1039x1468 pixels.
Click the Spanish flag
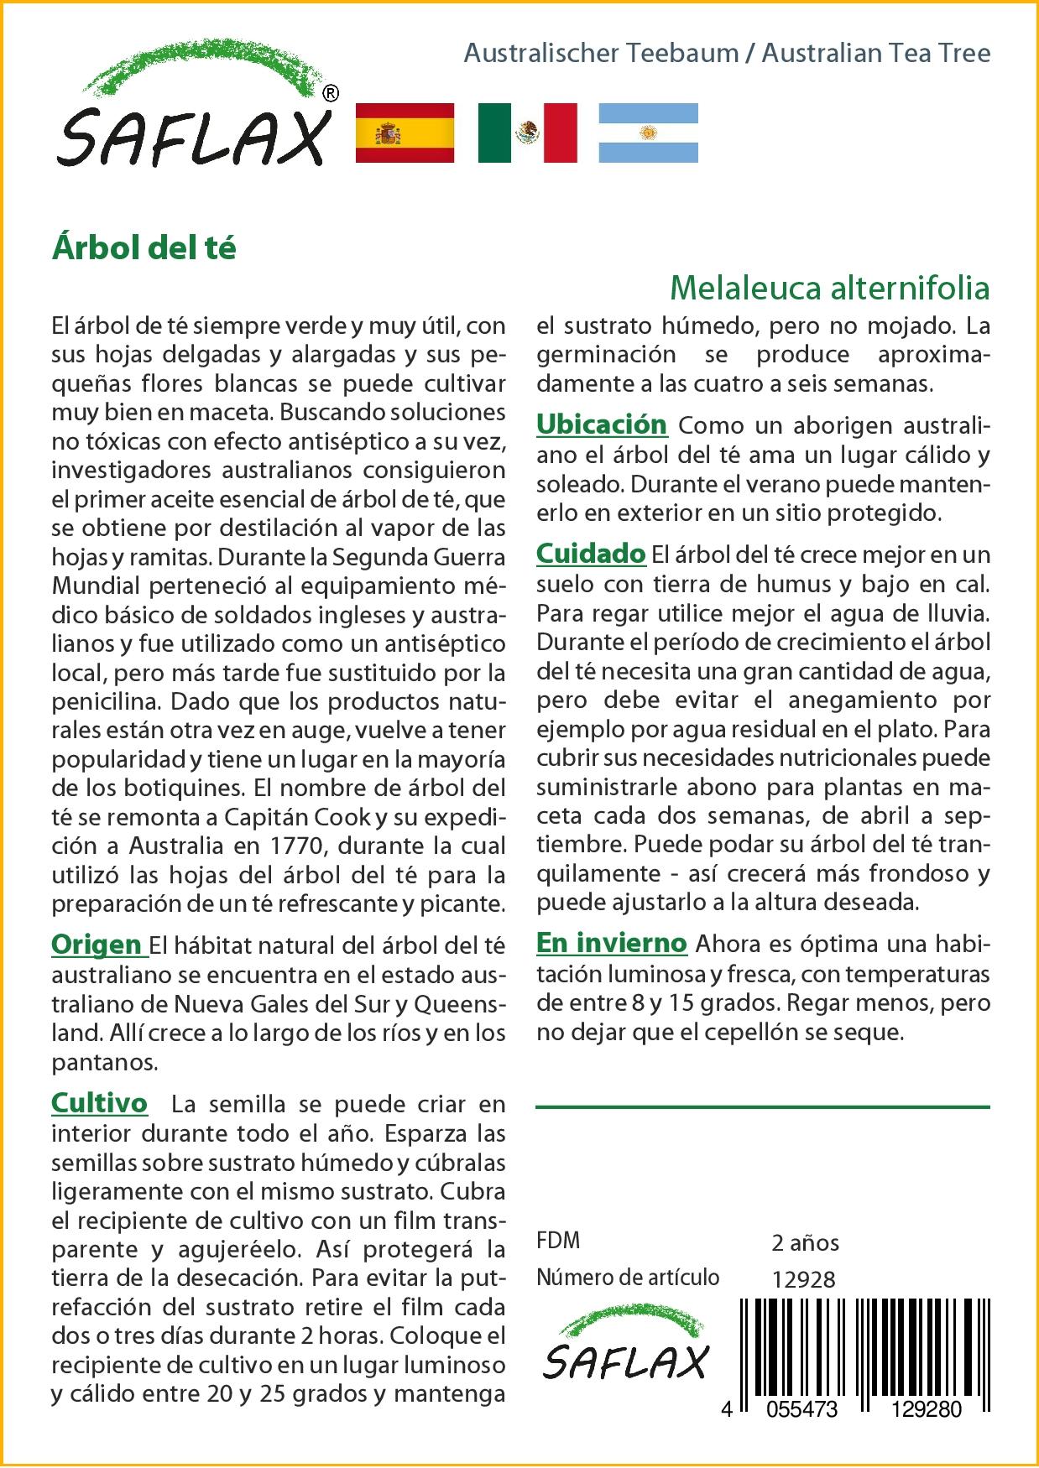point(405,133)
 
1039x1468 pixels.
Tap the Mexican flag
point(528,133)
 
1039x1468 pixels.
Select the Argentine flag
point(648,133)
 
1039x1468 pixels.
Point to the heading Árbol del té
point(144,248)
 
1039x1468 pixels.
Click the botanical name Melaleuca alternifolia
point(830,289)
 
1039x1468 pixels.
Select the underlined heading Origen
point(97,945)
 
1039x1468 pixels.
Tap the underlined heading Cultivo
point(99,1103)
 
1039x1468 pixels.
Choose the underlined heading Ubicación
point(601,424)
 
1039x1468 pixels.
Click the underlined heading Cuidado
point(591,554)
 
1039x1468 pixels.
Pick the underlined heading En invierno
point(611,943)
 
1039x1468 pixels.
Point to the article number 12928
point(803,1278)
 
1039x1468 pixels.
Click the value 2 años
point(805,1242)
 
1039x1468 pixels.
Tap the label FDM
point(558,1241)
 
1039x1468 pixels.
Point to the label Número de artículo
point(628,1278)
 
